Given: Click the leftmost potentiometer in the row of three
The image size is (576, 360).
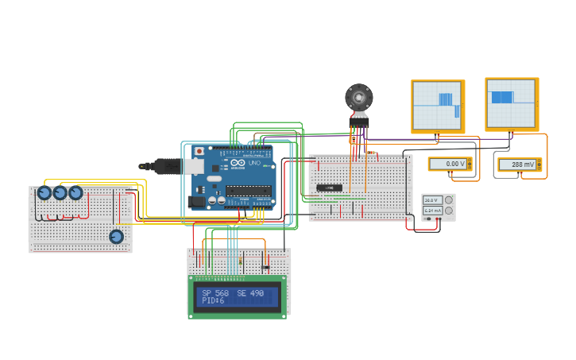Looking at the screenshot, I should point(44,192).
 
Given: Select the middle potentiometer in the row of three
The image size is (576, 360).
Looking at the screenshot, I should point(60,192).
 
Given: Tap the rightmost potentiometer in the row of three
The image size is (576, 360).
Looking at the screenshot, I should point(75,192).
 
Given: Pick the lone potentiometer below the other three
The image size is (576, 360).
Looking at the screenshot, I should point(116,236).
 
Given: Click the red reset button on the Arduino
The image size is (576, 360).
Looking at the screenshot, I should point(199,151).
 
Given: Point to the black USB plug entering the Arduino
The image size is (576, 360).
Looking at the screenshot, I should point(159,166).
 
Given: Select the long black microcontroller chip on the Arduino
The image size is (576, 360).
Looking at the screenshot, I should point(248,191).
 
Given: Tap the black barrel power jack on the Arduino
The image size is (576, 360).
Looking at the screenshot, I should point(196,201).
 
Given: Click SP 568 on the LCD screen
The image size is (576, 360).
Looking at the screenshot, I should point(215,293).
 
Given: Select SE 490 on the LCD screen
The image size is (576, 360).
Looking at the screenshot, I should point(250,293).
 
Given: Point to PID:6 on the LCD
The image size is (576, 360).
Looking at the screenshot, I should point(213,301).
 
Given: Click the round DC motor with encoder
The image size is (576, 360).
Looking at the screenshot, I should point(359,98).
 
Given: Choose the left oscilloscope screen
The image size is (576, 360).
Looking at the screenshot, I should point(436,105).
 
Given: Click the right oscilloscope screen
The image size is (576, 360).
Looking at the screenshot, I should point(511,103).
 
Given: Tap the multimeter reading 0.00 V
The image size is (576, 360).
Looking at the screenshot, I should point(449,164).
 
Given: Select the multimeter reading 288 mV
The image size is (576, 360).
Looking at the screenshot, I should point(519,165).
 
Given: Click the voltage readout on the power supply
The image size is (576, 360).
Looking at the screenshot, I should point(432,199).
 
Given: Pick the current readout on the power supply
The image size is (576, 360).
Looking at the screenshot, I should point(432,211).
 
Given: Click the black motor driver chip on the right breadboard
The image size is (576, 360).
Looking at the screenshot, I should point(329,188).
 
